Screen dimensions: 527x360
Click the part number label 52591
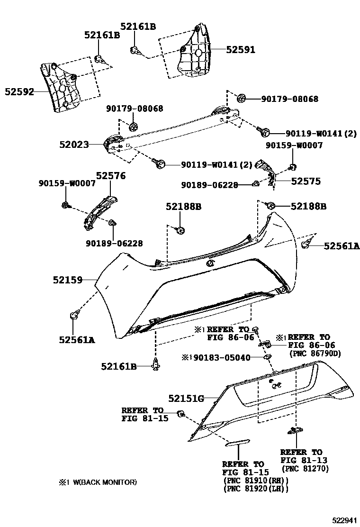(x=240, y=50)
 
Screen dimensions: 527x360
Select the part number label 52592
(x=19, y=91)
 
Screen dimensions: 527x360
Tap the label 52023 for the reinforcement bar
(x=73, y=145)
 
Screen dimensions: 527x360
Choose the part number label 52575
(x=306, y=181)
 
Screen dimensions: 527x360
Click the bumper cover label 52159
(x=67, y=281)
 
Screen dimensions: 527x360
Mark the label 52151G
(x=186, y=399)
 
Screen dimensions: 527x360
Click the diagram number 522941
(x=342, y=520)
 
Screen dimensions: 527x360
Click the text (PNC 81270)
(x=305, y=469)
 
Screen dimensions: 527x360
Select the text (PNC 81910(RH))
(x=255, y=481)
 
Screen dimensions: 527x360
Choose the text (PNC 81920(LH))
(x=255, y=489)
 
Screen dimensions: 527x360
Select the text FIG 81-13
(x=304, y=460)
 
